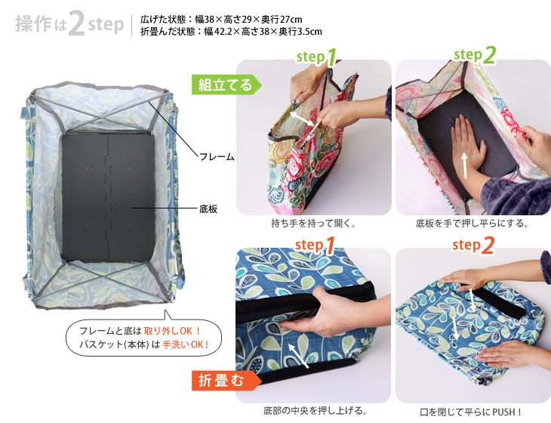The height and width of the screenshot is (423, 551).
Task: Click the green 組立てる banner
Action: pyautogui.click(x=226, y=85)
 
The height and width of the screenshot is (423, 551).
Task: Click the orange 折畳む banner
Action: pyautogui.click(x=226, y=380)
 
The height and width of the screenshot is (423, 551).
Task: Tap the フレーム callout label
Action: pyautogui.click(x=217, y=156)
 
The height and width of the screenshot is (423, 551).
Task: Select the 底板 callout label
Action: pyautogui.click(x=208, y=209)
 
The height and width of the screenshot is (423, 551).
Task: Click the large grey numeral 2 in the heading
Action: pyautogui.click(x=76, y=23)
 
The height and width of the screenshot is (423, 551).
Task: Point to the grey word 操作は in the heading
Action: pyautogui.click(x=41, y=24)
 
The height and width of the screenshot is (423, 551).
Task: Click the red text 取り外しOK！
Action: pyautogui.click(x=172, y=331)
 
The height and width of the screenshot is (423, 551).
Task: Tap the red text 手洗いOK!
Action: pyautogui.click(x=186, y=344)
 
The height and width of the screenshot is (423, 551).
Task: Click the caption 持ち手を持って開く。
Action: pyautogui.click(x=313, y=224)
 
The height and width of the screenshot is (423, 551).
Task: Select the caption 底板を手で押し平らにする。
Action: pyautogui.click(x=472, y=224)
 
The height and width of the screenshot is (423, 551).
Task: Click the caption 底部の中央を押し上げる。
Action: pyautogui.click(x=316, y=410)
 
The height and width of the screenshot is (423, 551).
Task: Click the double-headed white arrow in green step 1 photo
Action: pyautogui.click(x=302, y=119)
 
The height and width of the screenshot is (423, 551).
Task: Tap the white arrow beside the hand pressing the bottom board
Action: pyautogui.click(x=464, y=165)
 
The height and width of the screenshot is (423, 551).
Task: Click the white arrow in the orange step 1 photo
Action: pyautogui.click(x=299, y=357)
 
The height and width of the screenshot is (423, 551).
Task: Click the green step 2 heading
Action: pyautogui.click(x=475, y=55)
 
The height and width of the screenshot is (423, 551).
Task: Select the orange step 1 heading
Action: pyautogui.click(x=315, y=245)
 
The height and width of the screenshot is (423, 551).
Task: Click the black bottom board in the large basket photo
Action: pyautogui.click(x=108, y=197)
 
